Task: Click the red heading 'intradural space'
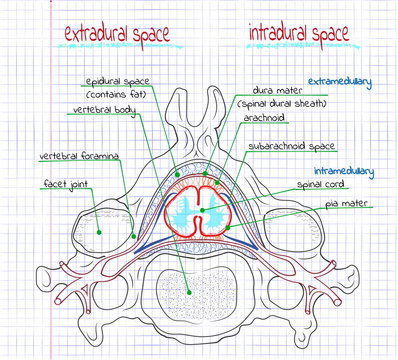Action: pos(297,34)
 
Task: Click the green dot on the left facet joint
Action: pos(101,229)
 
